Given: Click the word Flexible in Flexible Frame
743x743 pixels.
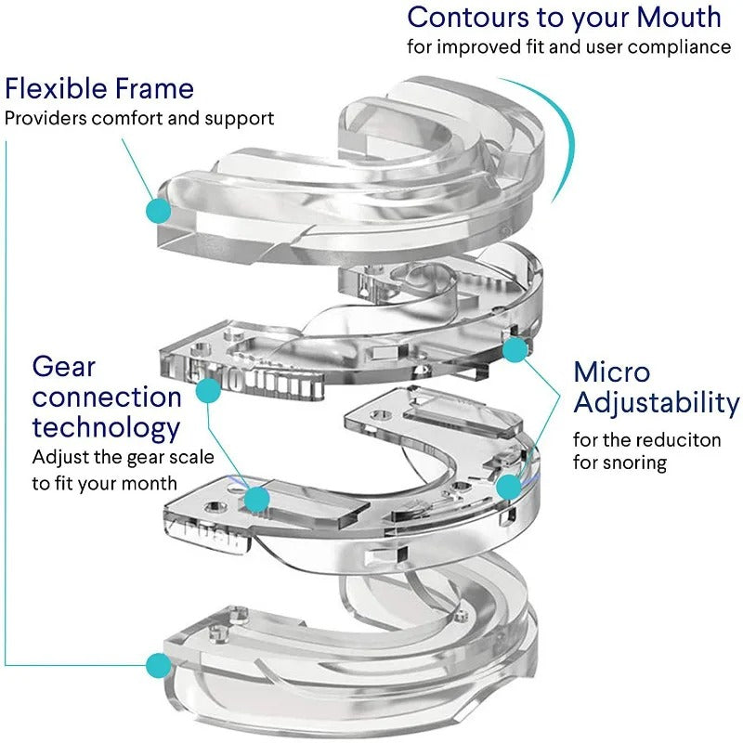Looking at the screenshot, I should pyautogui.click(x=57, y=89).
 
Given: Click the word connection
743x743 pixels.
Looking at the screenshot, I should pyautogui.click(x=107, y=398).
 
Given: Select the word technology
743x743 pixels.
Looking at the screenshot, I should pyautogui.click(x=106, y=428).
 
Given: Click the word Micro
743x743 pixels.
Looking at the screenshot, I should pyautogui.click(x=612, y=371).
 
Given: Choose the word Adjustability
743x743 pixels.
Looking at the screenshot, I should pyautogui.click(x=657, y=403).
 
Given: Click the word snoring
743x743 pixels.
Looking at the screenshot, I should pyautogui.click(x=633, y=462).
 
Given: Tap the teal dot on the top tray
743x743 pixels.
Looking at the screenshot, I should pyautogui.click(x=159, y=210).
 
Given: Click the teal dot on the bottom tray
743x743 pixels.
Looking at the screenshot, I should pyautogui.click(x=159, y=664).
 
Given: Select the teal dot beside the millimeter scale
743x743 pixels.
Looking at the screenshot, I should pyautogui.click(x=210, y=394).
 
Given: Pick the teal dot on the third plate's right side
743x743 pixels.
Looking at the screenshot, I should pyautogui.click(x=508, y=486).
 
